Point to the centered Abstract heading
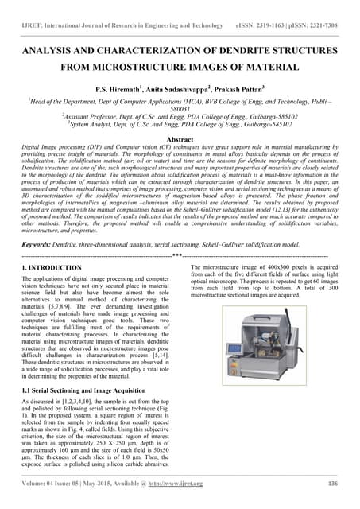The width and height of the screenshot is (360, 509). coord(180,137)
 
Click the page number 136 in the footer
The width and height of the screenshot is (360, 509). coord(334,484)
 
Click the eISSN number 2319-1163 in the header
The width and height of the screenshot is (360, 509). coord(279,25)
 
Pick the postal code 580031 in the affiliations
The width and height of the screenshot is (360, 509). coord(180,110)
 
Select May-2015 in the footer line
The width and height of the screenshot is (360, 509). coord(117,484)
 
